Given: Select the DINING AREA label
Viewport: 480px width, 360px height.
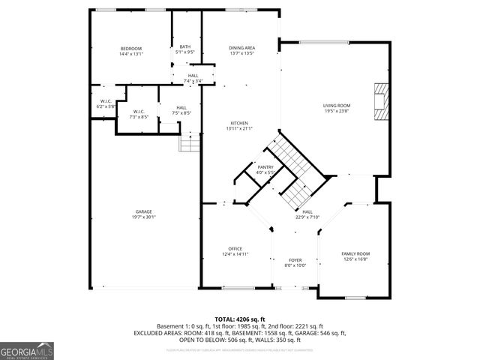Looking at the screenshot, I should tap(241, 48).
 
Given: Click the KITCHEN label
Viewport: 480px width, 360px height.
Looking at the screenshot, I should tap(239, 123).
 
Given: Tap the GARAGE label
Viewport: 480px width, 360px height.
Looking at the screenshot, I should tap(144, 212).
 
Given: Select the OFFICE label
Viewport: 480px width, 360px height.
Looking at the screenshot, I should tap(235, 249).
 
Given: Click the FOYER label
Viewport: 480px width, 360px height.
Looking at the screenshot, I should tap(295, 260).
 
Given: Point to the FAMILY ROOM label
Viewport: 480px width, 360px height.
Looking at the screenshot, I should tap(355, 254).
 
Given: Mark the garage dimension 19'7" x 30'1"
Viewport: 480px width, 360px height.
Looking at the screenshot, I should tap(144, 218).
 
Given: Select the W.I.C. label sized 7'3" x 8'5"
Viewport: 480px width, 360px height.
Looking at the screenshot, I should tap(139, 112).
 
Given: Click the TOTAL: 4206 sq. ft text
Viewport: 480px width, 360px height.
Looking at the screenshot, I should tap(239, 319).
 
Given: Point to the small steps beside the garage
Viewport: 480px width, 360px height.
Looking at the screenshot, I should tap(190, 142).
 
